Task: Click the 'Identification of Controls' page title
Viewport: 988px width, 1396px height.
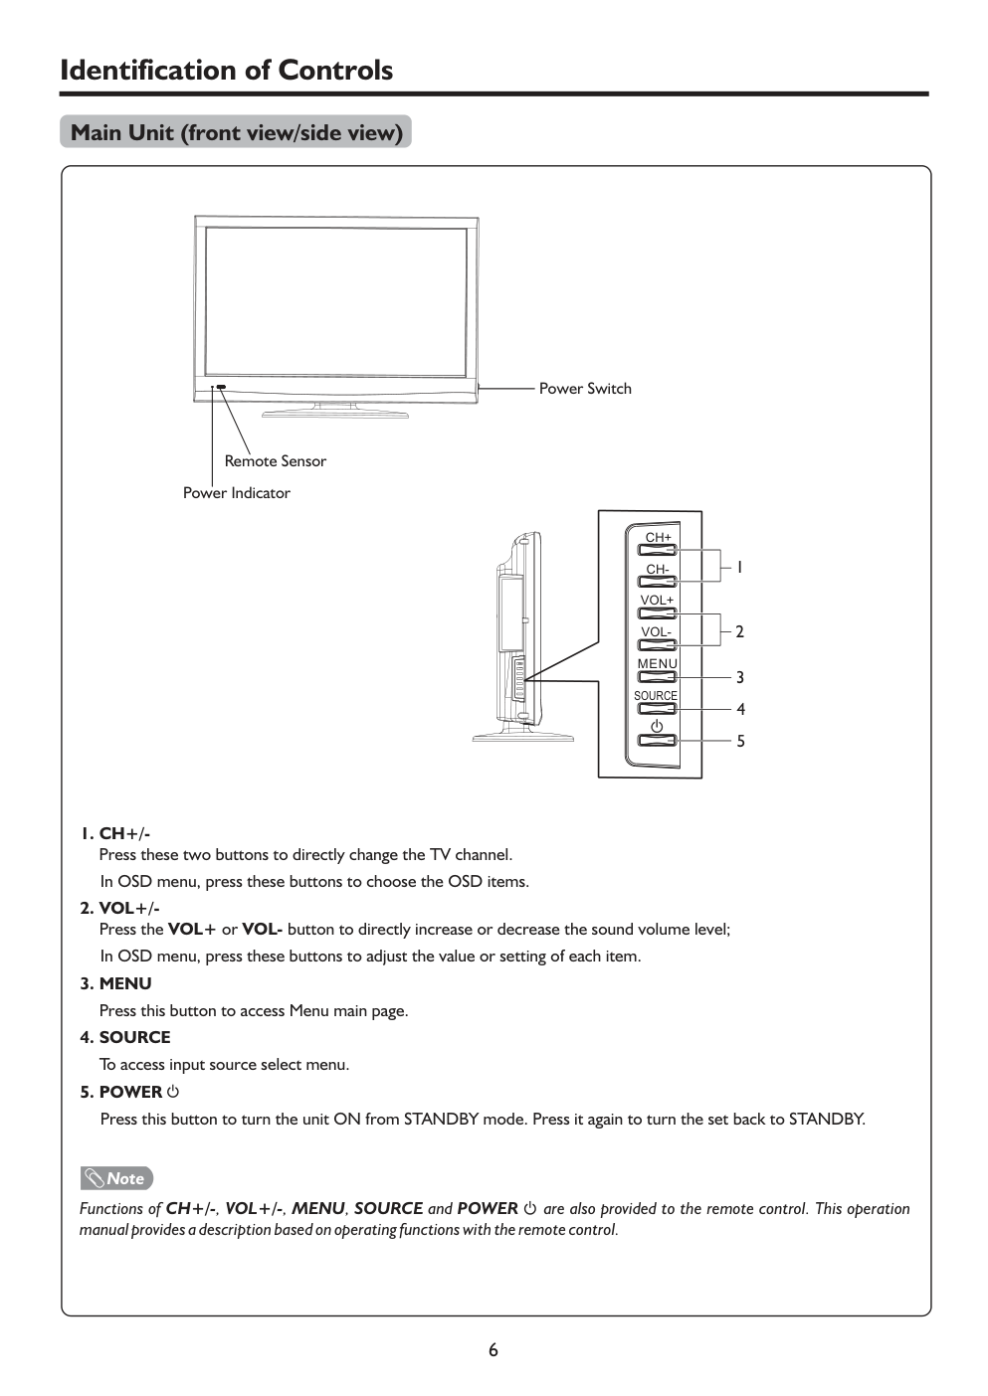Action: coord(227,71)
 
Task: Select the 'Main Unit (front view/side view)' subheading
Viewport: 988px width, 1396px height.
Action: coord(236,132)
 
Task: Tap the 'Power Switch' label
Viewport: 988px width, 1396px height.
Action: coord(585,389)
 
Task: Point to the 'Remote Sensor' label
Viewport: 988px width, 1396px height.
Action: coord(275,461)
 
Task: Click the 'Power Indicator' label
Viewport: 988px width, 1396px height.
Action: coord(237,493)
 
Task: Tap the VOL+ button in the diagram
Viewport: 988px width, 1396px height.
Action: coord(657,613)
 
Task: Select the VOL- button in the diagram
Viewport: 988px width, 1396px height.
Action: coord(657,645)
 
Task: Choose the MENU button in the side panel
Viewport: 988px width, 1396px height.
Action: coord(657,677)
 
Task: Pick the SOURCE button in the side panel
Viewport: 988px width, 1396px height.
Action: coord(657,709)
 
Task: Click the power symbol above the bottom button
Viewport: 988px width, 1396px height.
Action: coord(657,726)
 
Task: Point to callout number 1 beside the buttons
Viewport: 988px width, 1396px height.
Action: coord(739,568)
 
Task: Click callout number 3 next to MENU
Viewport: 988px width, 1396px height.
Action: coord(740,678)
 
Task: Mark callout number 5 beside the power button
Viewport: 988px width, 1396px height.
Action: coord(740,742)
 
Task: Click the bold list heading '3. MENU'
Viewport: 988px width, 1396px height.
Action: coord(116,984)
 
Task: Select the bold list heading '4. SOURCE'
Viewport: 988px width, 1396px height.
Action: coord(125,1038)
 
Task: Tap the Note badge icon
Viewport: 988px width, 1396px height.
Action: coord(117,1179)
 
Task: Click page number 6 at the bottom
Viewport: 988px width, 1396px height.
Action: coord(494,1350)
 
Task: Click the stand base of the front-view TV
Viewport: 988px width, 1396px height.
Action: coord(335,412)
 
